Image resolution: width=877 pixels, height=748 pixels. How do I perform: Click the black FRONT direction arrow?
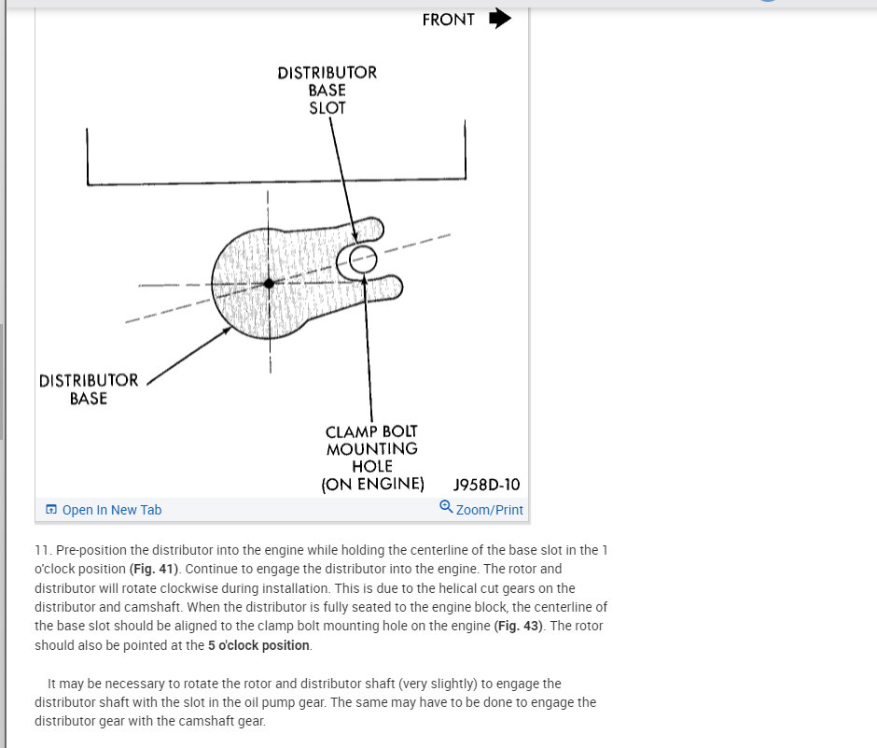500,19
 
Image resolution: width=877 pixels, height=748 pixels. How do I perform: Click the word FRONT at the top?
448,20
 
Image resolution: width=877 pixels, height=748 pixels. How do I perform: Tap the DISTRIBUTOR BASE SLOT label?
327,90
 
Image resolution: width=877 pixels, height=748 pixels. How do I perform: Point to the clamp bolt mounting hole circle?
362,259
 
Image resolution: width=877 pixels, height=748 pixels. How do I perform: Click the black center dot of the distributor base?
269,283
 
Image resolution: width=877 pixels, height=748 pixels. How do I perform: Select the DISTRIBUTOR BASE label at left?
89,389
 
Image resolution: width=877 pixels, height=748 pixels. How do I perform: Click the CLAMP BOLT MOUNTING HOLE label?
372,458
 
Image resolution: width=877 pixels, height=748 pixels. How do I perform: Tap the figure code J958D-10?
486,485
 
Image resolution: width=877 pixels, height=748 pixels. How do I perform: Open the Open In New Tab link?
111,510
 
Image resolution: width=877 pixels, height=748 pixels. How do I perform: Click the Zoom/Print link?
489,510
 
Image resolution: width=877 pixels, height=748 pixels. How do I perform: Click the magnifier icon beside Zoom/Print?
446,507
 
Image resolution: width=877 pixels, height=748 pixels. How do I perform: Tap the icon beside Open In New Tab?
51,510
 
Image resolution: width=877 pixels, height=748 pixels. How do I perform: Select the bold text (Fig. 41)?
158,569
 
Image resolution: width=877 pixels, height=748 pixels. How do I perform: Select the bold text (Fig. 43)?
519,626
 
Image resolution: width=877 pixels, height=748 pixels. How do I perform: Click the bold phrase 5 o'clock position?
258,645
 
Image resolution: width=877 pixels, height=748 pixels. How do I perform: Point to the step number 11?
42,550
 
